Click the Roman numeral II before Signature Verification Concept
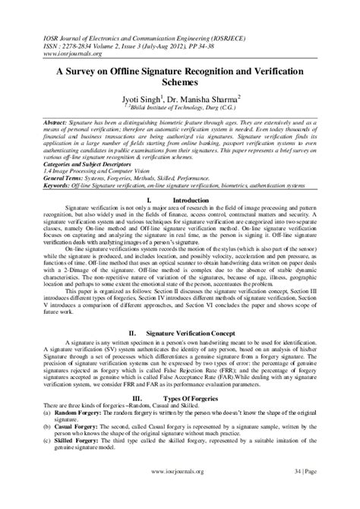click(x=132, y=333)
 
